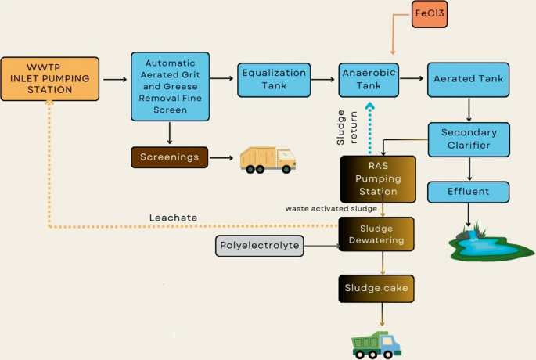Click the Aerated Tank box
(x=468, y=79)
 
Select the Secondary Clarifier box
(x=468, y=139)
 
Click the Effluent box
(x=468, y=192)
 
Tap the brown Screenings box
(x=170, y=157)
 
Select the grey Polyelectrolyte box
(x=258, y=246)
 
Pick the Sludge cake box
(x=376, y=288)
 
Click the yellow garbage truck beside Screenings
(x=268, y=159)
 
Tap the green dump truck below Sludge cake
(x=376, y=343)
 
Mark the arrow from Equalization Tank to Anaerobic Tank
(x=322, y=78)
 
